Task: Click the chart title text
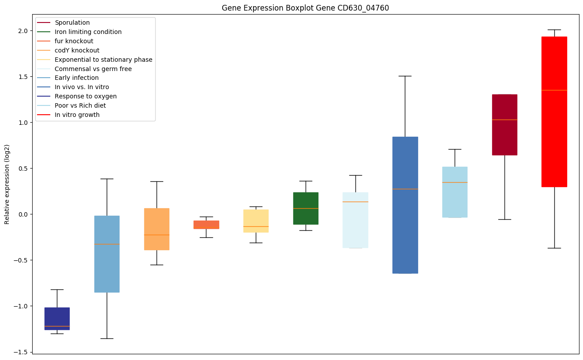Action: tap(305, 8)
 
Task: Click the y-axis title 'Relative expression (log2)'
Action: tap(7, 184)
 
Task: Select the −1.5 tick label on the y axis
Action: tap(20, 352)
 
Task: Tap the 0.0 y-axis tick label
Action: tap(22, 214)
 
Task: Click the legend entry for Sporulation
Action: tap(72, 22)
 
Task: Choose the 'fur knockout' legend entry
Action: tap(74, 41)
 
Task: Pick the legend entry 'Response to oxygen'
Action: tap(86, 96)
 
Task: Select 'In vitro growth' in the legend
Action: tap(77, 115)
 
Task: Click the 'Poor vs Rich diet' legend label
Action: tap(80, 105)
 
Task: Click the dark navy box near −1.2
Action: tap(57, 319)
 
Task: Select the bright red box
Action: tap(554, 112)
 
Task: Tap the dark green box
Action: tap(306, 208)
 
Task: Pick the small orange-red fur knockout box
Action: tap(206, 225)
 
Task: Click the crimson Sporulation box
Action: tap(505, 125)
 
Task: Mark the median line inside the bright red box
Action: tap(554, 90)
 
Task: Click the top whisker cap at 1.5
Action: tap(405, 76)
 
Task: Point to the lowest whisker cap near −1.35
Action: tap(107, 338)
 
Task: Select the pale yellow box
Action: tap(256, 221)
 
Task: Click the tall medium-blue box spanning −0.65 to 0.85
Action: tap(405, 205)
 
